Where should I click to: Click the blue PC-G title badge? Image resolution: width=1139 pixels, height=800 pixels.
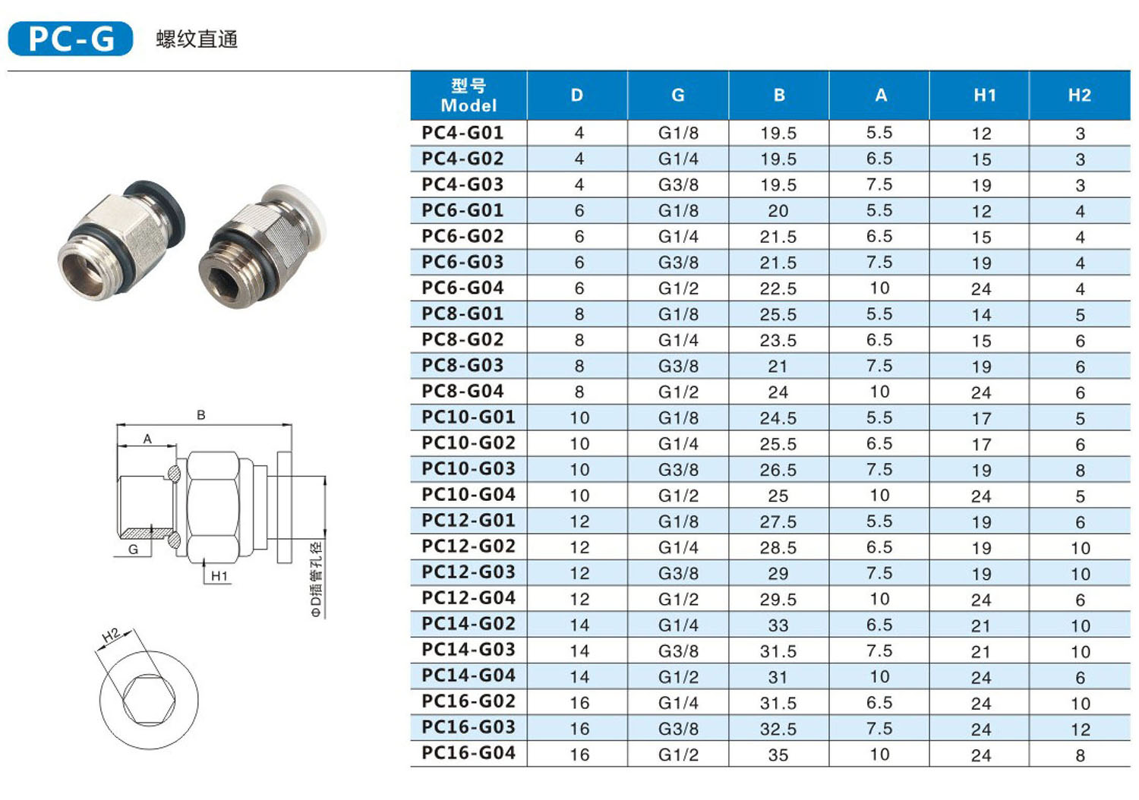click(71, 39)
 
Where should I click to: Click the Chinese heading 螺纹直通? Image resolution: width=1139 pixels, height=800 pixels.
click(197, 39)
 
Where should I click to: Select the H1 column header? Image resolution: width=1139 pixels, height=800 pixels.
click(984, 95)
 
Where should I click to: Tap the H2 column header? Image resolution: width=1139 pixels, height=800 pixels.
click(1080, 95)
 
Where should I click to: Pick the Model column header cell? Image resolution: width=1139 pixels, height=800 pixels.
click(469, 95)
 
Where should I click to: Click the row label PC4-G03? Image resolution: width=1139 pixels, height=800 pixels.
click(462, 184)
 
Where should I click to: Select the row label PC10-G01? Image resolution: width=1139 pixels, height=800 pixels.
click(469, 417)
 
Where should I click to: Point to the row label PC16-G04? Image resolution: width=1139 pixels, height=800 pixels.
click(469, 753)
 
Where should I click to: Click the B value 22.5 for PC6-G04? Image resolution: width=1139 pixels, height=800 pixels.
click(778, 288)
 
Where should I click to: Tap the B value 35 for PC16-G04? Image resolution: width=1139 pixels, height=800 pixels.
click(778, 754)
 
